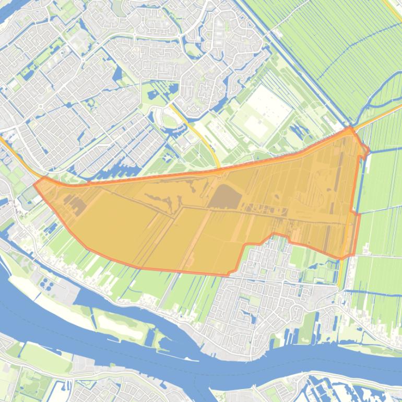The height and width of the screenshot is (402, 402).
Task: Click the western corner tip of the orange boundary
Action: [34, 184]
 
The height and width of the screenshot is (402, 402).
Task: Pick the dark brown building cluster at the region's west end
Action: [76, 205]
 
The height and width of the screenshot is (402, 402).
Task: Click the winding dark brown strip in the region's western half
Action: [157, 198]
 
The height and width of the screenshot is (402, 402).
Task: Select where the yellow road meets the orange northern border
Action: [220, 169]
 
